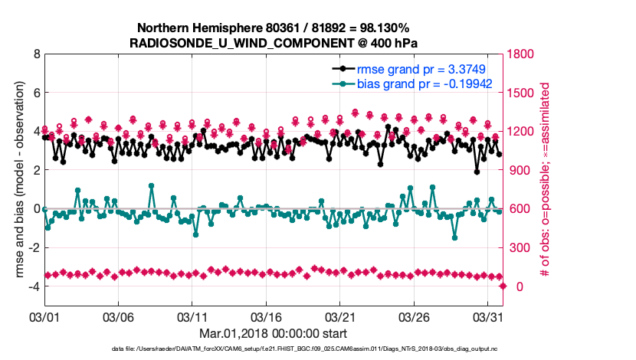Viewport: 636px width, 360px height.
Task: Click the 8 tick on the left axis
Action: [36, 54]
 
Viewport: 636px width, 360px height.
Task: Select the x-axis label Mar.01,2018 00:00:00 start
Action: [273, 333]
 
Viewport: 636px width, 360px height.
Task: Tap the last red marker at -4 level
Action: [503, 286]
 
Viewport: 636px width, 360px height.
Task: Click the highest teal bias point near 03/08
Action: [151, 185]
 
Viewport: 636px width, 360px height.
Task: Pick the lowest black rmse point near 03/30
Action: [477, 172]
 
